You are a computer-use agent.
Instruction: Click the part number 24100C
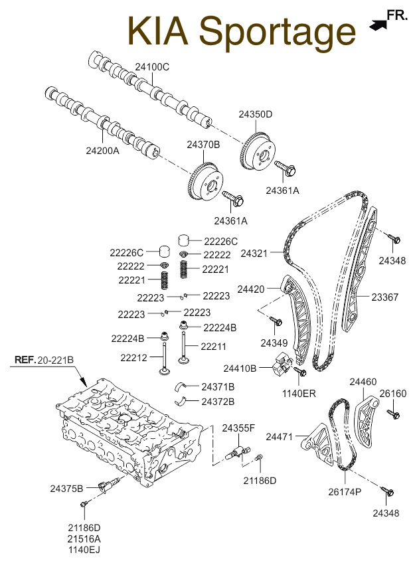[x=152, y=67]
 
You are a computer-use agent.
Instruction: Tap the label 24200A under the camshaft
[x=102, y=151]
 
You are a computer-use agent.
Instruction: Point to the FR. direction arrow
[x=378, y=25]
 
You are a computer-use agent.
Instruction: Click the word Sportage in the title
[x=278, y=32]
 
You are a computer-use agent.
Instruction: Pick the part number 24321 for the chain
[x=254, y=254]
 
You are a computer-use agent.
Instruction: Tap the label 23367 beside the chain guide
[x=384, y=297]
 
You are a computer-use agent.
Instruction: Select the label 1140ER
[x=299, y=394]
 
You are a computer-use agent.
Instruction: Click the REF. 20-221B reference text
[x=44, y=360]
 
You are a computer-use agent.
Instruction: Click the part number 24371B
[x=218, y=387]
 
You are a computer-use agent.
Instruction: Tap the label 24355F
[x=238, y=428]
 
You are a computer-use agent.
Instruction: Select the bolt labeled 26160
[x=394, y=414]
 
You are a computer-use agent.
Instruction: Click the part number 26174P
[x=345, y=492]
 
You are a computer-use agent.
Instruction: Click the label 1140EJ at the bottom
[x=84, y=550]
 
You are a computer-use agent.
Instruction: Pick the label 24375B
[x=66, y=489]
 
